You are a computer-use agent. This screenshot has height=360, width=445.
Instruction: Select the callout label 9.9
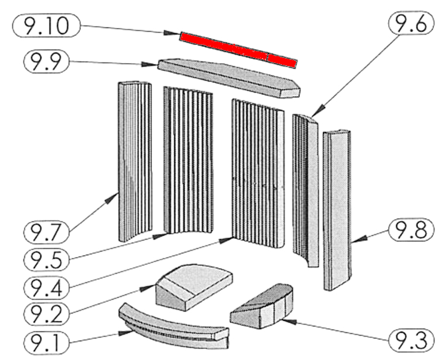click(x=46, y=61)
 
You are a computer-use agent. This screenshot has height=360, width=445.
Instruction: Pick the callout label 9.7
click(x=46, y=231)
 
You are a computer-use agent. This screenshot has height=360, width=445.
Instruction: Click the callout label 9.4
click(x=46, y=287)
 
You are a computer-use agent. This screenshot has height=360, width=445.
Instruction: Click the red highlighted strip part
click(x=239, y=49)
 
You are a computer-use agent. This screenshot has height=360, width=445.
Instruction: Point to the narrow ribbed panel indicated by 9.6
click(x=306, y=187)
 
